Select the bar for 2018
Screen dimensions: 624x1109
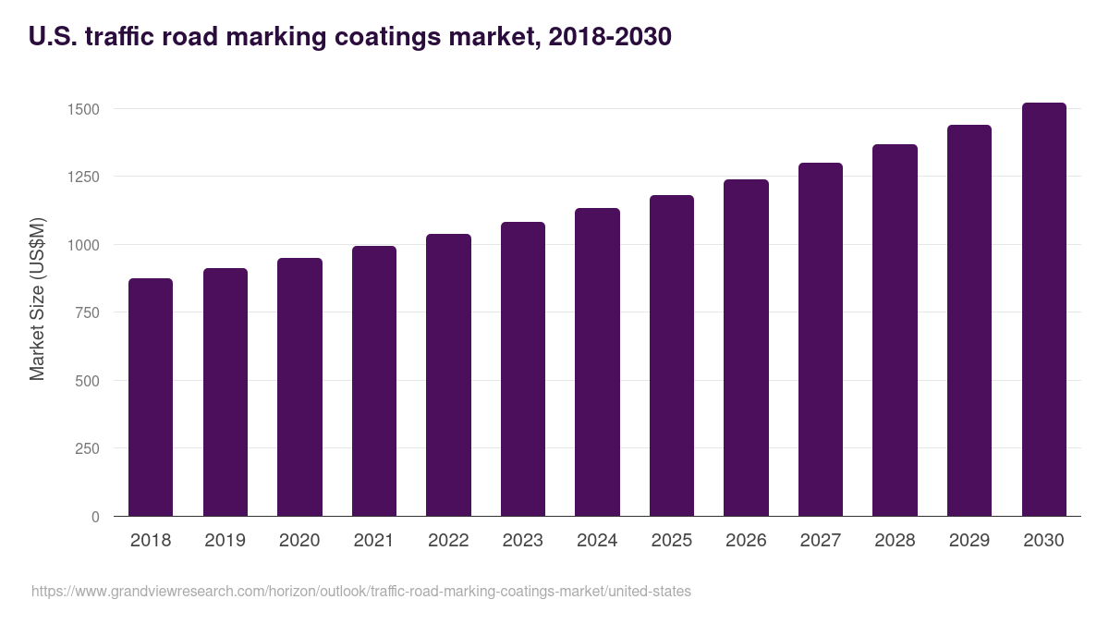[x=151, y=398]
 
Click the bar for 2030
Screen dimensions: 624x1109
[x=1043, y=310]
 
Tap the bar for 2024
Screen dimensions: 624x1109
[x=597, y=362]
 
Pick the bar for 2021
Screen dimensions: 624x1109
[x=374, y=381]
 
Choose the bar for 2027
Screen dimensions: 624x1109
[x=821, y=339]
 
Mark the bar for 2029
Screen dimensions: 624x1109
[x=969, y=321]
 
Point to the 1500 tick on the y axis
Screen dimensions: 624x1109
[x=83, y=109]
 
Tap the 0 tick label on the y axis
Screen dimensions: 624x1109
[x=95, y=517]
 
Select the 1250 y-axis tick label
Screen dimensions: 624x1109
[x=83, y=177]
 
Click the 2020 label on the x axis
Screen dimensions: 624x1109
[x=299, y=541]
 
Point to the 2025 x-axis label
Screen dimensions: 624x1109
[x=672, y=541]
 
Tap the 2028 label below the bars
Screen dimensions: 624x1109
[x=895, y=541]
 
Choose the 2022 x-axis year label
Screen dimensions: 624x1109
[x=448, y=541]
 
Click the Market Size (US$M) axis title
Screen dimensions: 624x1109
[x=37, y=299]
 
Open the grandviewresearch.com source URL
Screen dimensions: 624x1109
[x=360, y=591]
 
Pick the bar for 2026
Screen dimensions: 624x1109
[x=746, y=348]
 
